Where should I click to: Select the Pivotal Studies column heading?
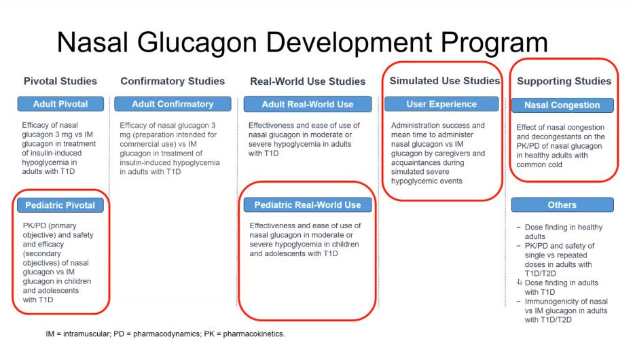coord(60,82)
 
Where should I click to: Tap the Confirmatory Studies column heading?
coord(173,82)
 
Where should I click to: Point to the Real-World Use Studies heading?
coord(308,82)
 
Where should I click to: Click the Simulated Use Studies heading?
coord(444,81)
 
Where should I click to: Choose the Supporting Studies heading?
coord(564,82)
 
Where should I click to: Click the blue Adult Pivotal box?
coord(60,104)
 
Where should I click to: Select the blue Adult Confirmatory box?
coord(173,104)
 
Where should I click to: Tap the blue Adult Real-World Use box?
coord(308,104)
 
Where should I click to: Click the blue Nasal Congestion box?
coord(562,105)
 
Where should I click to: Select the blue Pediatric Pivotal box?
coord(60,204)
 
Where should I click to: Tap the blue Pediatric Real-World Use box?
coord(308,204)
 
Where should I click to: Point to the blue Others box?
coord(562,204)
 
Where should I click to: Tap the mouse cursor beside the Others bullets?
coord(520,281)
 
